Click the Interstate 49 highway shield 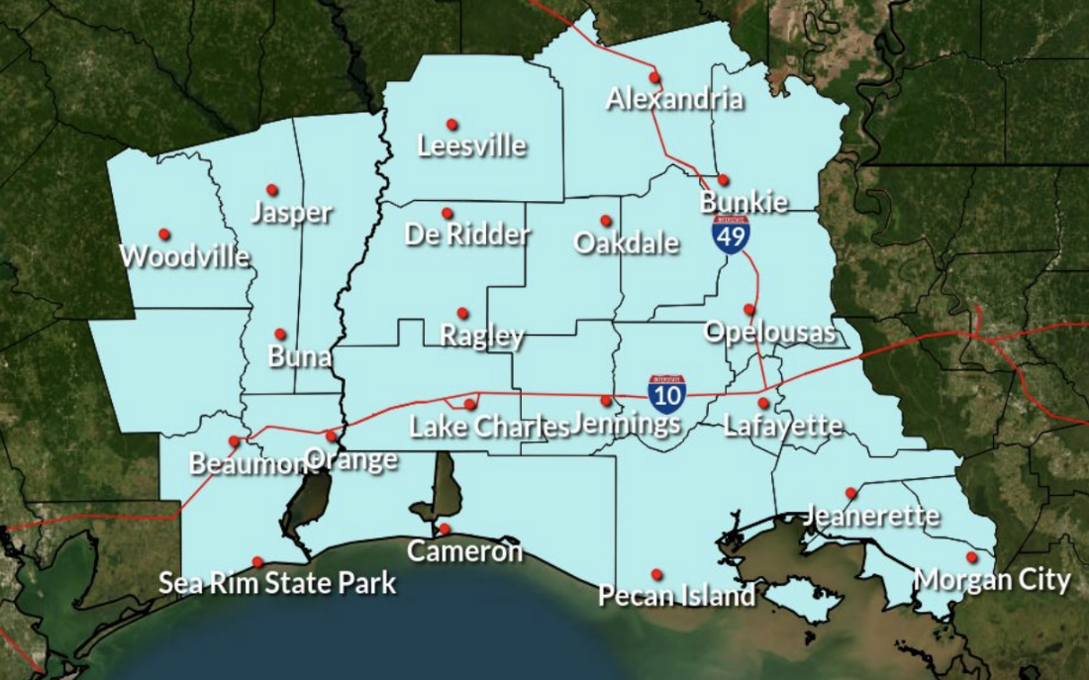pos(730,235)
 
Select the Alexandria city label pos(674,99)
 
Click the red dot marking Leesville pos(451,125)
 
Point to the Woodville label pos(184,256)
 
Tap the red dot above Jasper pos(272,190)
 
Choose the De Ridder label pos(467,235)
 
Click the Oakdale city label pos(627,243)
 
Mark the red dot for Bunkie pos(724,180)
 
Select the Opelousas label pos(769,332)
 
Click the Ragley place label pos(482,336)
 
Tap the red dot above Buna pos(280,335)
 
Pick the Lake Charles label pos(490,427)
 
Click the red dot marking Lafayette pos(763,403)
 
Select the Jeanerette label pos(871,516)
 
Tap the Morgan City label pos(992,579)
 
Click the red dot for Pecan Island pos(656,574)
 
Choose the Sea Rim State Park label pos(277,583)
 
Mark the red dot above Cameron pos(445,529)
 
